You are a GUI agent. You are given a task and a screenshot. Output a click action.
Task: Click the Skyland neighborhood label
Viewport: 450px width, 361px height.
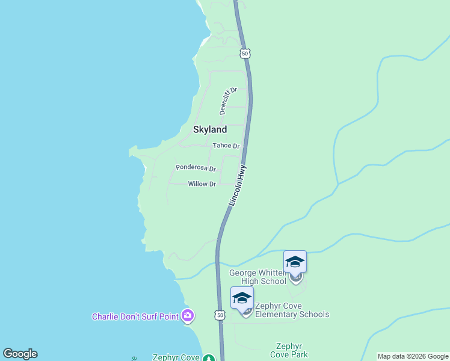[x=210, y=129]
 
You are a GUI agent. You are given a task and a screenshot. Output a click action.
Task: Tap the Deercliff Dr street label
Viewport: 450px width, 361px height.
[x=229, y=100]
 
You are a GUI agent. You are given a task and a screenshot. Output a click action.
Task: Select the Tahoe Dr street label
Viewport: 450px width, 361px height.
[x=226, y=146]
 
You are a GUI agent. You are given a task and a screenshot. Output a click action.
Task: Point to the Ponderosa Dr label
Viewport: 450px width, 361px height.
[x=196, y=168]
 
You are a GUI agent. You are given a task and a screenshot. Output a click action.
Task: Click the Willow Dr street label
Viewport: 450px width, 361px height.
[x=202, y=184]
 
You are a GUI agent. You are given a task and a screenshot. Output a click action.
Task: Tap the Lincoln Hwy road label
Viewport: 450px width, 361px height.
[x=238, y=186]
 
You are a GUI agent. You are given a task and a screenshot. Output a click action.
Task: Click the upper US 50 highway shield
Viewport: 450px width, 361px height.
[x=244, y=54]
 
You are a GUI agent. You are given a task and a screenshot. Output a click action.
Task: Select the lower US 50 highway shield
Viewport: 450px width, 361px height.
[x=220, y=315]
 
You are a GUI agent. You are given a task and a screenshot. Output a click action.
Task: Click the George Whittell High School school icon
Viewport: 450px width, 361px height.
[x=295, y=262]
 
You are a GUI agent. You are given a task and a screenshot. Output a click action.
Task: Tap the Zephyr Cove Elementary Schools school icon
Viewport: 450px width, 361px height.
[x=242, y=298]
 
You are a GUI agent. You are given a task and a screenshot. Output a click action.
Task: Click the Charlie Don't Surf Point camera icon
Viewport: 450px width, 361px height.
[x=188, y=315]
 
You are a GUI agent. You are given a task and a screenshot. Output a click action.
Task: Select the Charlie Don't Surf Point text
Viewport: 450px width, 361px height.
[x=136, y=316]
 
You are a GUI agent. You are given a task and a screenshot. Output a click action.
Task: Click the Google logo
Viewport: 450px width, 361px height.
[x=20, y=354]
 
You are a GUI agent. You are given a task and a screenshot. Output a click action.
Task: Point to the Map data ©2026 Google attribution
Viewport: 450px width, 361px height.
[x=413, y=356]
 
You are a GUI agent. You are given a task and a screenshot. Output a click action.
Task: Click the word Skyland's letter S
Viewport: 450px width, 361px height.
[x=196, y=129]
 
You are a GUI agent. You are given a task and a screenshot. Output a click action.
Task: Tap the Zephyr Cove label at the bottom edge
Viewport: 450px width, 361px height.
[x=176, y=357]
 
